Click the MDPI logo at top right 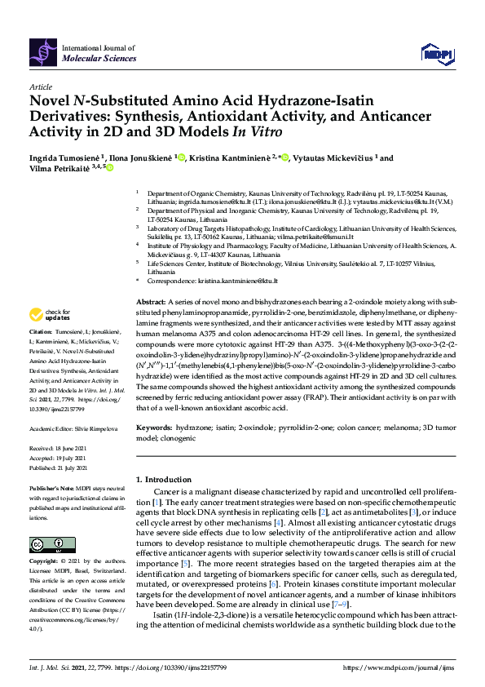coord(436,54)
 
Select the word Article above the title coord(40,86)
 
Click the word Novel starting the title coord(51,101)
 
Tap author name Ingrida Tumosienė coord(63,158)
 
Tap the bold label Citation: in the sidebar coord(41,332)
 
